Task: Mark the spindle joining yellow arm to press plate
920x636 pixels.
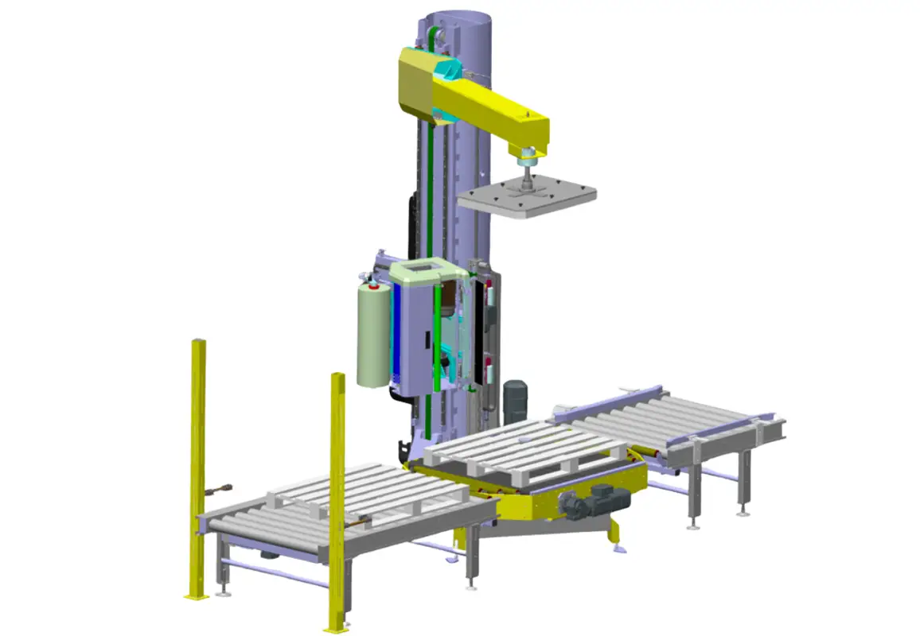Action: (x=526, y=167)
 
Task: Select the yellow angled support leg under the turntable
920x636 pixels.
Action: (x=613, y=531)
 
